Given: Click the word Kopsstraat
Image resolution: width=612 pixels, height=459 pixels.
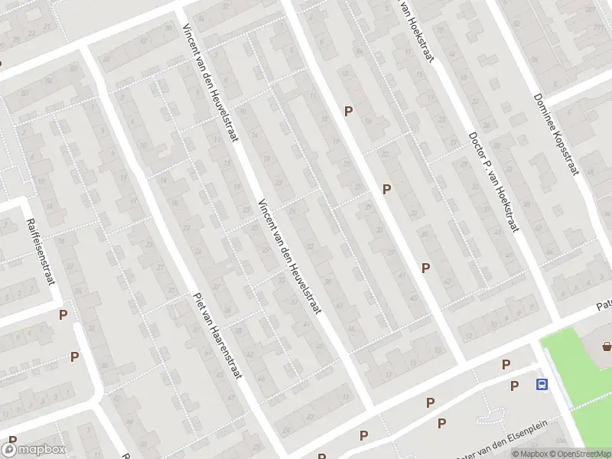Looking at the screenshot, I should pyautogui.click(x=565, y=153).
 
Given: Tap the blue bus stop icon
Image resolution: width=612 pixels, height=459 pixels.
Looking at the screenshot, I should pyautogui.click(x=542, y=385).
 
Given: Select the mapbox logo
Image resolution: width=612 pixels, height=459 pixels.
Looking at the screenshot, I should pyautogui.click(x=34, y=450).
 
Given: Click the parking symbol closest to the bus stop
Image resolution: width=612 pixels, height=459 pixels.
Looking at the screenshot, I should pyautogui.click(x=514, y=386).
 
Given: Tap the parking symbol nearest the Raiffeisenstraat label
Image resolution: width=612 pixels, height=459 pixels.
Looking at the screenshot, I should pyautogui.click(x=63, y=314).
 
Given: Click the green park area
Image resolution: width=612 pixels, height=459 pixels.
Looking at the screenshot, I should pyautogui.click(x=581, y=367).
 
